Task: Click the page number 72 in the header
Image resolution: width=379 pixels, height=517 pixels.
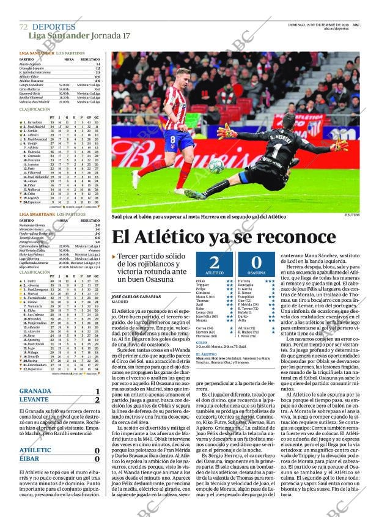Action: (x=23, y=27)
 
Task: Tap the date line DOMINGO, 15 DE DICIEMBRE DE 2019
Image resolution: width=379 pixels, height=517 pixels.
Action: (x=318, y=24)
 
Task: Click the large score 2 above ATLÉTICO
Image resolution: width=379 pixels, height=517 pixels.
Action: (x=214, y=263)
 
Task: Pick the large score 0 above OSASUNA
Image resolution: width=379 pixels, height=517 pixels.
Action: (x=256, y=263)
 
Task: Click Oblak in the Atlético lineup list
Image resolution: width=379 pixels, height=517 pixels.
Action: (x=201, y=280)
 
